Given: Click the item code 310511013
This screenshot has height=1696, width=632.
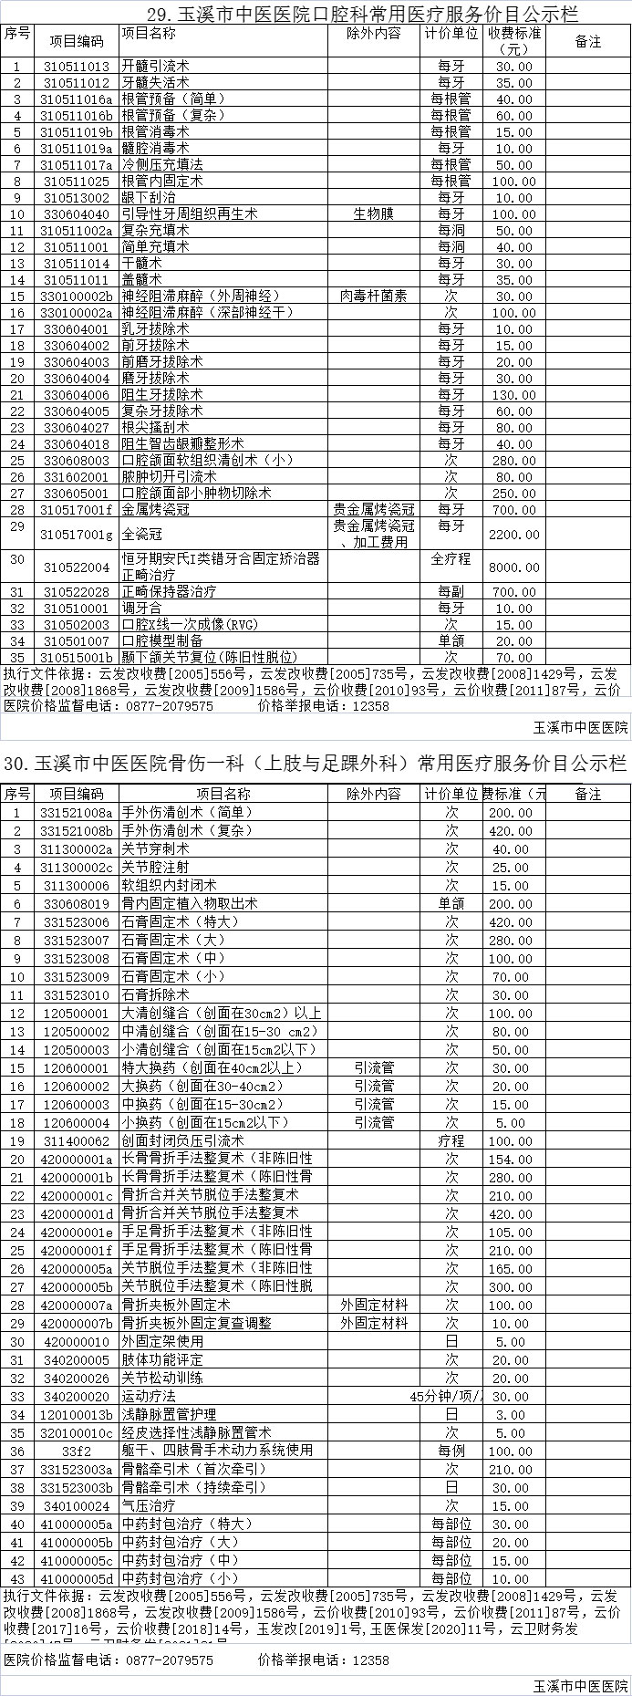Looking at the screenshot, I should tap(77, 67).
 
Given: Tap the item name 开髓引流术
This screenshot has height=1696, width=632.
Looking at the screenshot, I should tap(155, 67).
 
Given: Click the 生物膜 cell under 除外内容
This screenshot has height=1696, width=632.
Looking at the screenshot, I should tap(374, 214).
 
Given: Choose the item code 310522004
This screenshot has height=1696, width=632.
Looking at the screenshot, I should tap(77, 567).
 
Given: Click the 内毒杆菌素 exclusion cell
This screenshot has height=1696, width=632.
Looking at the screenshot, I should tap(374, 297).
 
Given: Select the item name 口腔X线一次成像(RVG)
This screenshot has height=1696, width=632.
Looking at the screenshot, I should tap(181, 625).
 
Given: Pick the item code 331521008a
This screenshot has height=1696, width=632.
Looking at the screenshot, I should tap(77, 813).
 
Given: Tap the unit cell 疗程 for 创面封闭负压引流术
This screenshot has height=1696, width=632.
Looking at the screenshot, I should tap(451, 1141).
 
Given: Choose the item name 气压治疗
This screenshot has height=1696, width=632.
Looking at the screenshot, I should tap(149, 1506).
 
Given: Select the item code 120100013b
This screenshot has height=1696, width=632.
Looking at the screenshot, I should tap(77, 1415).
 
